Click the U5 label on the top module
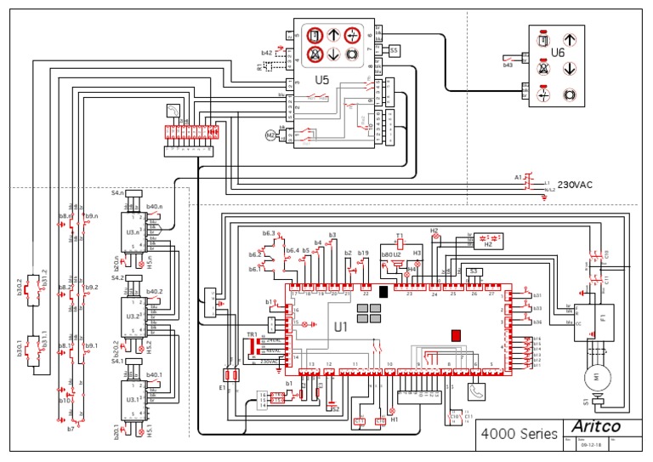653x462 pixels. [x=322, y=80]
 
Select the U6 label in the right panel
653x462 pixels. [x=558, y=52]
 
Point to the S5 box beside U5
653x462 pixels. [x=394, y=51]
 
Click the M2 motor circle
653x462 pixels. [x=273, y=134]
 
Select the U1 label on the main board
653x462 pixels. [x=341, y=326]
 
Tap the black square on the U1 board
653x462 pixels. [x=383, y=292]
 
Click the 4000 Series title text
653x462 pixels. [x=519, y=433]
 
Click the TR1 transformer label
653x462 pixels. [x=252, y=334]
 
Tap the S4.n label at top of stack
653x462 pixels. [x=117, y=194]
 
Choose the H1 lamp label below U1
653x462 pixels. [x=393, y=419]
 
